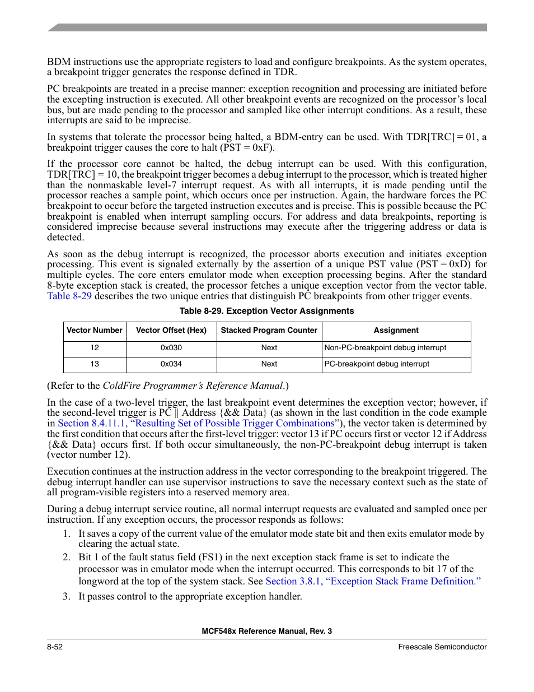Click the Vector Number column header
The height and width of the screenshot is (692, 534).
coord(95,331)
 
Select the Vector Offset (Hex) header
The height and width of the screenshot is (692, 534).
coord(171,331)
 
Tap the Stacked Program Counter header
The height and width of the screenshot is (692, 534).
coord(269,331)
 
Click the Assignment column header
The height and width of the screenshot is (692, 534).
coord(396,331)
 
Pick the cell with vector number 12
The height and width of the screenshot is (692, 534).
coord(95,348)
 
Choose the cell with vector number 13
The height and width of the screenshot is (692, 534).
coord(95,364)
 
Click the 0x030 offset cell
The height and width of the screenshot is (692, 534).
coord(171,348)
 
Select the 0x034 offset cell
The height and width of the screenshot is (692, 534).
coord(171,364)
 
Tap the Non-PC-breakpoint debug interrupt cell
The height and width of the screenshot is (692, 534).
coord(386,348)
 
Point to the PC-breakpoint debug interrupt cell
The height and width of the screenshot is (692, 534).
coord(377,364)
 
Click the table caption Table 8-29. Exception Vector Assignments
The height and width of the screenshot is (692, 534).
coord(266,311)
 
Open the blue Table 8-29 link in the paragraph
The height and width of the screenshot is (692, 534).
coord(69,296)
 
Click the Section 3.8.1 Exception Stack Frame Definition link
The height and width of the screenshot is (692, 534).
coord(373,582)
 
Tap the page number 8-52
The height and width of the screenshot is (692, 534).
coord(55,647)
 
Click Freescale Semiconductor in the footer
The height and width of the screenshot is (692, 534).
coord(442,647)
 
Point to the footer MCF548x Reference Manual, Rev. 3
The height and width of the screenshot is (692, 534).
coord(266,631)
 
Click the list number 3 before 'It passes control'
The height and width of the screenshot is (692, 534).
coord(66,597)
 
